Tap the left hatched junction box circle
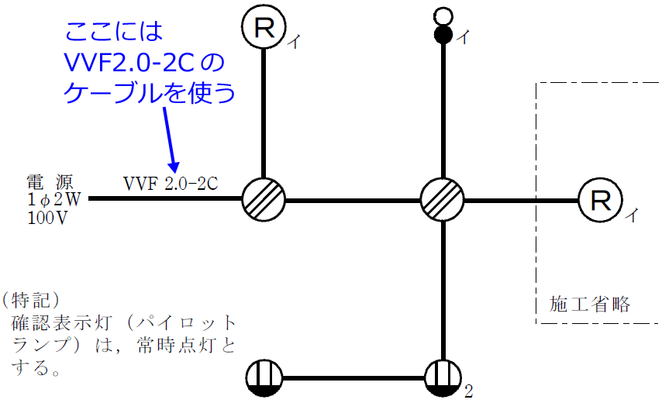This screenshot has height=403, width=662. [264, 200]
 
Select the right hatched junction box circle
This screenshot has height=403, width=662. [443, 200]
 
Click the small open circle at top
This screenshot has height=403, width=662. [443, 15]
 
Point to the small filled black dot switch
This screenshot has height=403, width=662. [443, 34]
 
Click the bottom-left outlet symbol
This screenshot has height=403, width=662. [264, 379]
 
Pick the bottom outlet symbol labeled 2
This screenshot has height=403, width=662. [443, 379]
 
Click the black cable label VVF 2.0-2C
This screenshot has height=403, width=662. [170, 184]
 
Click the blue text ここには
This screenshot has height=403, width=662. [115, 32]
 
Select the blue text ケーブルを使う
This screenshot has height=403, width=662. [148, 93]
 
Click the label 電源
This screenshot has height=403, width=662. [50, 184]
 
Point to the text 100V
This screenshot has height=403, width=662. [47, 218]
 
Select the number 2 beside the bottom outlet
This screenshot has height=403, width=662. [468, 391]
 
